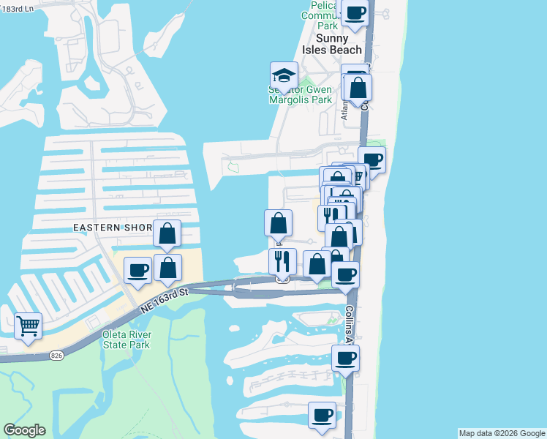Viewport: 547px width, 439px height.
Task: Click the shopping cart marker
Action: pyautogui.click(x=27, y=326)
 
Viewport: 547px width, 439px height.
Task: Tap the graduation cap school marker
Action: pyautogui.click(x=283, y=75)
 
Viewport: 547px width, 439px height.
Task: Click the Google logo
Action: pyautogui.click(x=24, y=430)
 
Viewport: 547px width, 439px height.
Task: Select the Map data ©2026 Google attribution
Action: pyautogui.click(x=502, y=433)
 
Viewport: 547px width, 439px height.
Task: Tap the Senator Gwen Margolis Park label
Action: pyautogui.click(x=301, y=94)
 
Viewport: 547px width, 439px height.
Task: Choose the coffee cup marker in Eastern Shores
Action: pyautogui.click(x=137, y=271)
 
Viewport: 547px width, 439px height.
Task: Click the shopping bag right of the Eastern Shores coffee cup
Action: pyautogui.click(x=168, y=267)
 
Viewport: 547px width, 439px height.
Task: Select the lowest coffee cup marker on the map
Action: pyautogui.click(x=322, y=415)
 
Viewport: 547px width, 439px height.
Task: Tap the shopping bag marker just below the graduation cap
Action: pyautogui.click(x=278, y=223)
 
